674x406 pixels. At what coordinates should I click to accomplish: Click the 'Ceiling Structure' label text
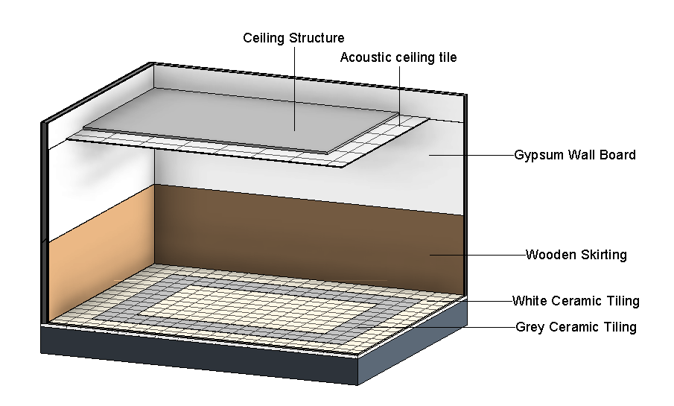(293, 38)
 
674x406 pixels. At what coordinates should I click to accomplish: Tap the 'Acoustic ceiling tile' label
(398, 57)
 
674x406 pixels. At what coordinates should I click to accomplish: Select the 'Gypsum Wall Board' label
(575, 155)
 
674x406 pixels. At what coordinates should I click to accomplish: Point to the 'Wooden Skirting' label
(576, 255)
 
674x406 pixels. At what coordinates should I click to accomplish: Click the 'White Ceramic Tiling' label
(576, 301)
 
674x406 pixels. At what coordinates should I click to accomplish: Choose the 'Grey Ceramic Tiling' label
(576, 327)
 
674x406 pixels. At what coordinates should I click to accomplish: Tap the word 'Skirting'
(604, 255)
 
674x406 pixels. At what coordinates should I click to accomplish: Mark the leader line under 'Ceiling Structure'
(294, 89)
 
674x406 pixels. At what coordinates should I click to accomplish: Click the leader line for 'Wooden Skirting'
(477, 255)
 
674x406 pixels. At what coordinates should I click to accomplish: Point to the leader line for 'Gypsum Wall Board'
(471, 155)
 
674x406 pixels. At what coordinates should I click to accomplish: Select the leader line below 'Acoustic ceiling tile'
(399, 95)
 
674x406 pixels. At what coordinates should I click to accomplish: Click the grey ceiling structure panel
(241, 120)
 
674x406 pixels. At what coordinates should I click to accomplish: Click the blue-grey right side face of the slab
(413, 342)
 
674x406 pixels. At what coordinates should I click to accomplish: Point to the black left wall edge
(43, 223)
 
